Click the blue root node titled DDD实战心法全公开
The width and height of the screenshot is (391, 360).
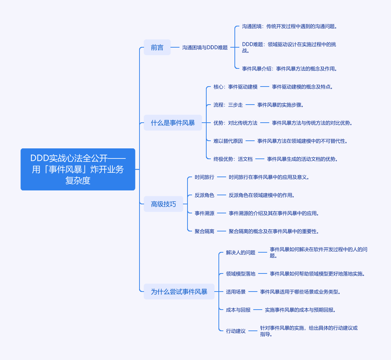[x=78, y=170]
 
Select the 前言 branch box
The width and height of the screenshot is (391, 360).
[x=157, y=47]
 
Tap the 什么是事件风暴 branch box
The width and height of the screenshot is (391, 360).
[x=173, y=123]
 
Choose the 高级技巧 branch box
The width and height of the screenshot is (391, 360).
[x=163, y=204]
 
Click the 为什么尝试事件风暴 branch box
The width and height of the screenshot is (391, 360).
[x=179, y=292]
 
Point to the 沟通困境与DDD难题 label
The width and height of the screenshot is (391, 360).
[x=205, y=47]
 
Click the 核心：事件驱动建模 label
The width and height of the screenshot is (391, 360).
[x=236, y=87]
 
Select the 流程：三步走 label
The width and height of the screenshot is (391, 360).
[x=228, y=105]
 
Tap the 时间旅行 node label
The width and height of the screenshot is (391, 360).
[x=204, y=177]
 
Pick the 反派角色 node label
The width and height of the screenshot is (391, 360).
[x=204, y=195]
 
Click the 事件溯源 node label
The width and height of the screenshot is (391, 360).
[x=204, y=213]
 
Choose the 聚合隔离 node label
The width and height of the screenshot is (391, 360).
[x=204, y=231]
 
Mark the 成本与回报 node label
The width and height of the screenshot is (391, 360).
[x=238, y=310]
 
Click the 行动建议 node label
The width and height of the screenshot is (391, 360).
[x=236, y=331]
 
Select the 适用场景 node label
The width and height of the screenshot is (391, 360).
[x=236, y=292]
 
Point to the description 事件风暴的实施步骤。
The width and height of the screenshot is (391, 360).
[x=280, y=105]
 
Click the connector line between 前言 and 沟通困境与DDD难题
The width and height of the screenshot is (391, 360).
[x=175, y=47]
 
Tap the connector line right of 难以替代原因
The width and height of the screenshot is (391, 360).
[x=250, y=141]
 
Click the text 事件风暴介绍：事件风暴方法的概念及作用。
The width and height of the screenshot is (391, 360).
[x=289, y=69]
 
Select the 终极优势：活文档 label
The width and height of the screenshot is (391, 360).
[x=233, y=159]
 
